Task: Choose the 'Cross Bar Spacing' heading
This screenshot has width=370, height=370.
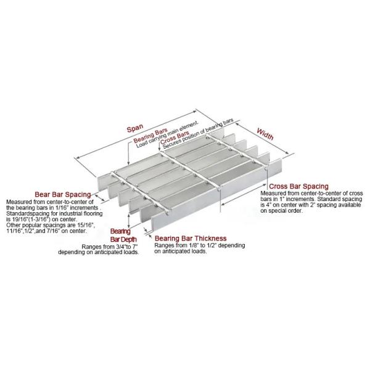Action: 299,186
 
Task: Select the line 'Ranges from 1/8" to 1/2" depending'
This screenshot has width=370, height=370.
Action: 199,245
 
